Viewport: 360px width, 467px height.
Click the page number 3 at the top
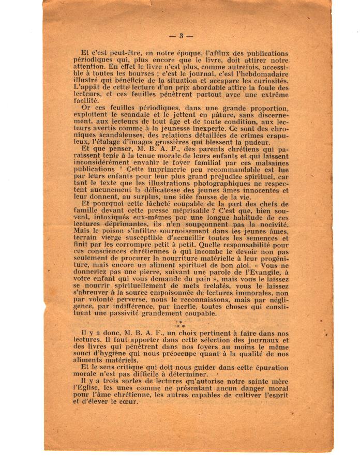(181, 36)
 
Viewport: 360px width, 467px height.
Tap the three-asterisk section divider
(180, 324)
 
